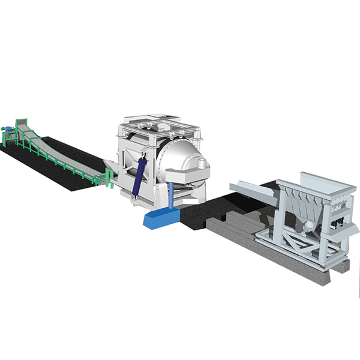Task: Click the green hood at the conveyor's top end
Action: pos(22,122)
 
